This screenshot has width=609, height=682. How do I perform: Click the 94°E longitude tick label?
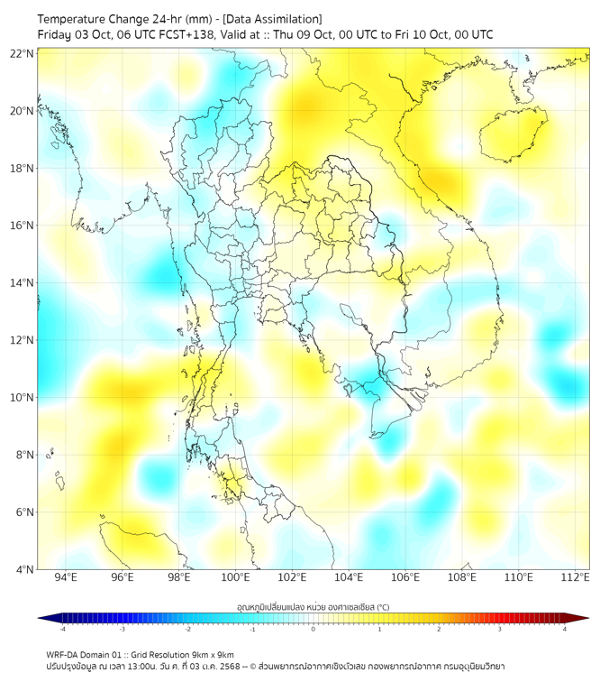coord(66,578)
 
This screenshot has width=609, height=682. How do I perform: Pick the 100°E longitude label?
coord(235,578)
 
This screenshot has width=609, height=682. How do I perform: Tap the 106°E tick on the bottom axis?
coord(405,578)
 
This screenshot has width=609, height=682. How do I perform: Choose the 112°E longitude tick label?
coord(575,578)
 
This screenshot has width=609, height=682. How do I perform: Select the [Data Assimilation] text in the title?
coord(271,19)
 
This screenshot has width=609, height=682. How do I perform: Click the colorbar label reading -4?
coord(61,629)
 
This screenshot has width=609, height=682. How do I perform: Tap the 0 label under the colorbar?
coord(314,629)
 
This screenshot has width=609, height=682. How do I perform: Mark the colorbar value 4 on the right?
coord(565,629)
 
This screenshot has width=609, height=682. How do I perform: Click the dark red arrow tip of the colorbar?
coord(583,618)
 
